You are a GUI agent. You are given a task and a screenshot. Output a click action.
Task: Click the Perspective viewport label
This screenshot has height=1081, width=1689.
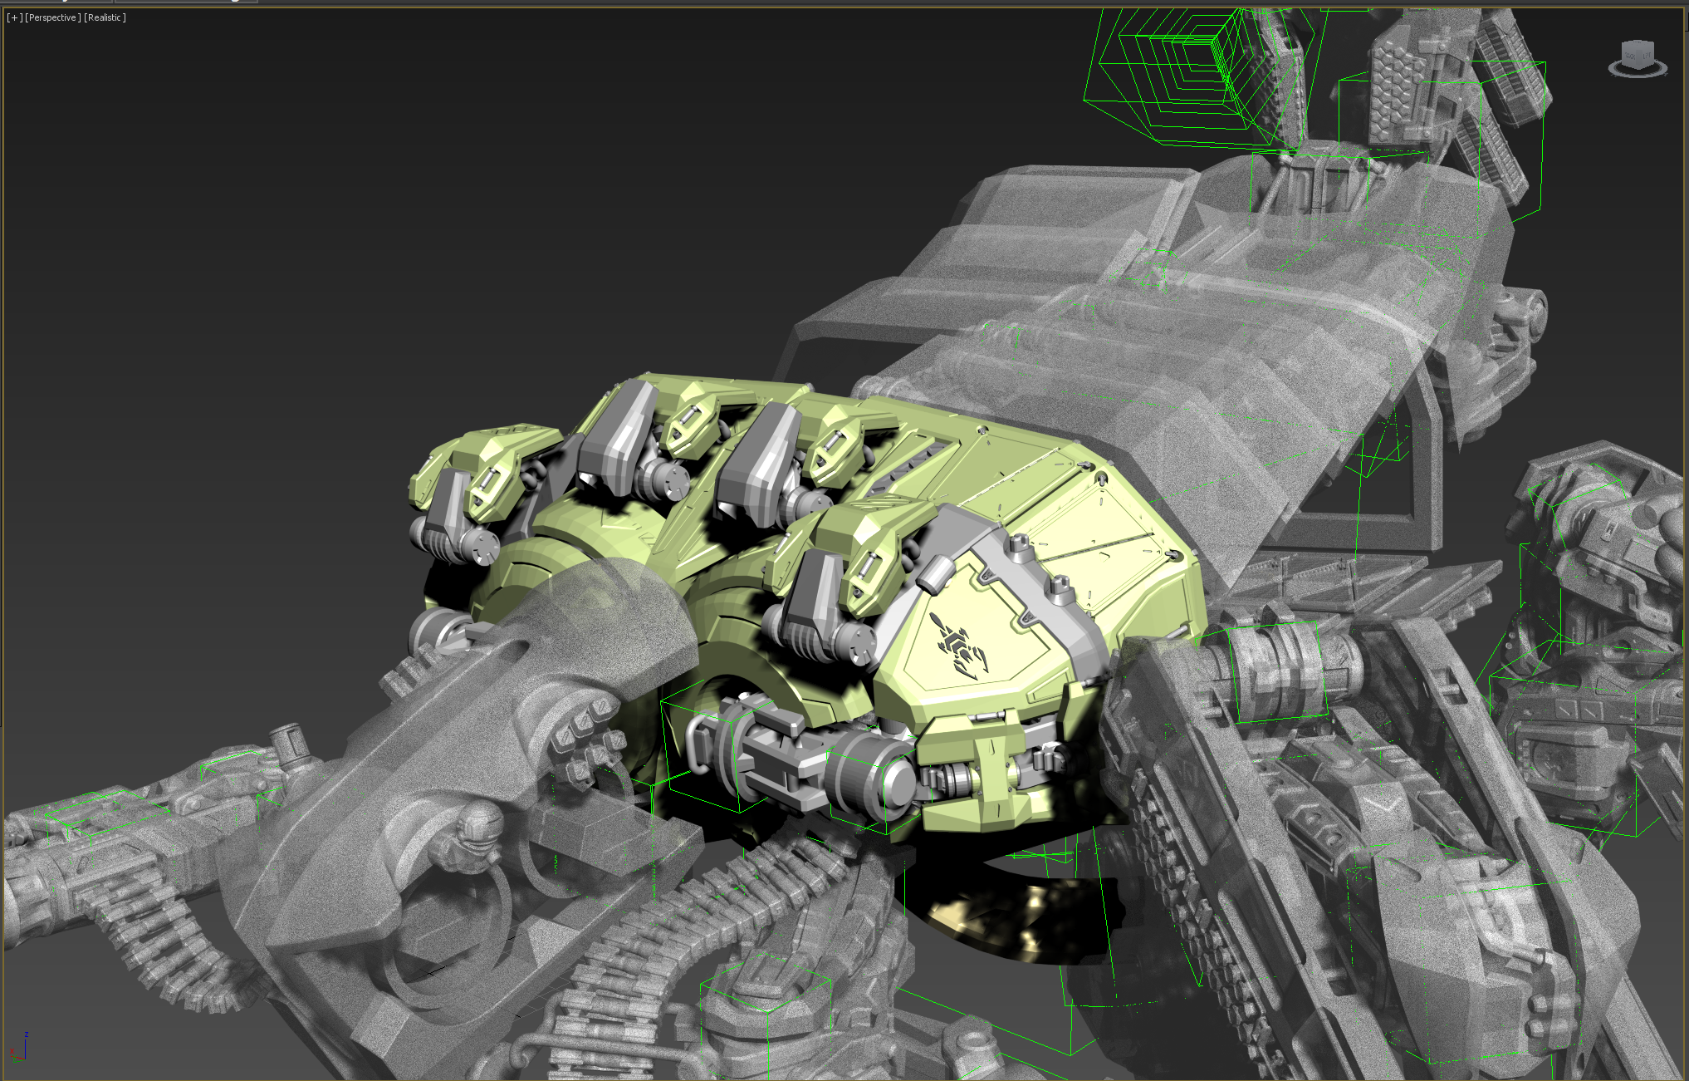(52, 17)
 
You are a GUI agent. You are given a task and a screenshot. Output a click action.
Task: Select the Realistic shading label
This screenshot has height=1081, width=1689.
(105, 17)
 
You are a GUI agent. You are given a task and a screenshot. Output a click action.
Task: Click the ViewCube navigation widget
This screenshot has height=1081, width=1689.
(1638, 58)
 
